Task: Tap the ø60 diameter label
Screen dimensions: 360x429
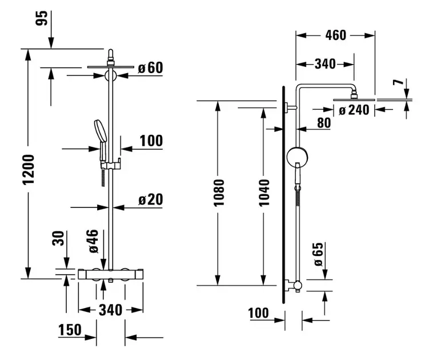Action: click(150, 68)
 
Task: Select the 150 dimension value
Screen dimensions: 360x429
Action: click(69, 330)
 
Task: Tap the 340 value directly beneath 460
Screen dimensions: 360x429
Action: click(325, 64)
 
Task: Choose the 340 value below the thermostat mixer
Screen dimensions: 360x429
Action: click(110, 310)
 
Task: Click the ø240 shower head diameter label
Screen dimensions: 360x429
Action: click(354, 110)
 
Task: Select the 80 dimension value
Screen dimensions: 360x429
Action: click(324, 123)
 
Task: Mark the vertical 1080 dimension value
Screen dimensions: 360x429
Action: click(219, 193)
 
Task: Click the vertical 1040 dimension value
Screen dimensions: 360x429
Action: click(264, 193)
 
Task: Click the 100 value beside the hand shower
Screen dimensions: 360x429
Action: click(151, 141)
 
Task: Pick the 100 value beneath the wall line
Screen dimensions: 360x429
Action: click(259, 313)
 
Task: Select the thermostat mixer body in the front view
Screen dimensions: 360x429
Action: click(110, 274)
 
